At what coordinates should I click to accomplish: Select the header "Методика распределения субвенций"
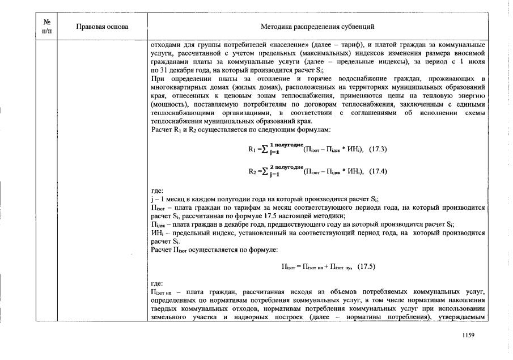point(317,27)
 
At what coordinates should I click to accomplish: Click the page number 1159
point(468,336)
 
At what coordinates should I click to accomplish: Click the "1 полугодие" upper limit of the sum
point(286,145)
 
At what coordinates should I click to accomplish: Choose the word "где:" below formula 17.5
point(156,282)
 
